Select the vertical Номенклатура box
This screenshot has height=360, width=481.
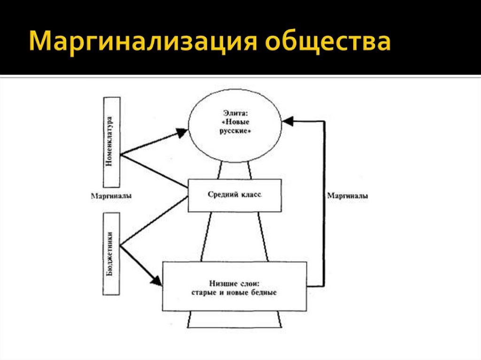coord(112,142)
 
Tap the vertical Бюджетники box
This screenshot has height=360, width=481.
coord(111,254)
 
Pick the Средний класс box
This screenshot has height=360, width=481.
coord(234,195)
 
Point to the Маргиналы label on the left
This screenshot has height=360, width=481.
coord(111,196)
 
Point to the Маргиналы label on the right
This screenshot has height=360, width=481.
coord(348,196)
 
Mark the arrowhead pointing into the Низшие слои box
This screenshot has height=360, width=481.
coord(156,282)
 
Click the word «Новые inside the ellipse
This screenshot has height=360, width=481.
coord(235,122)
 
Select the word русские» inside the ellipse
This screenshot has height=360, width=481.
coord(235,132)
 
